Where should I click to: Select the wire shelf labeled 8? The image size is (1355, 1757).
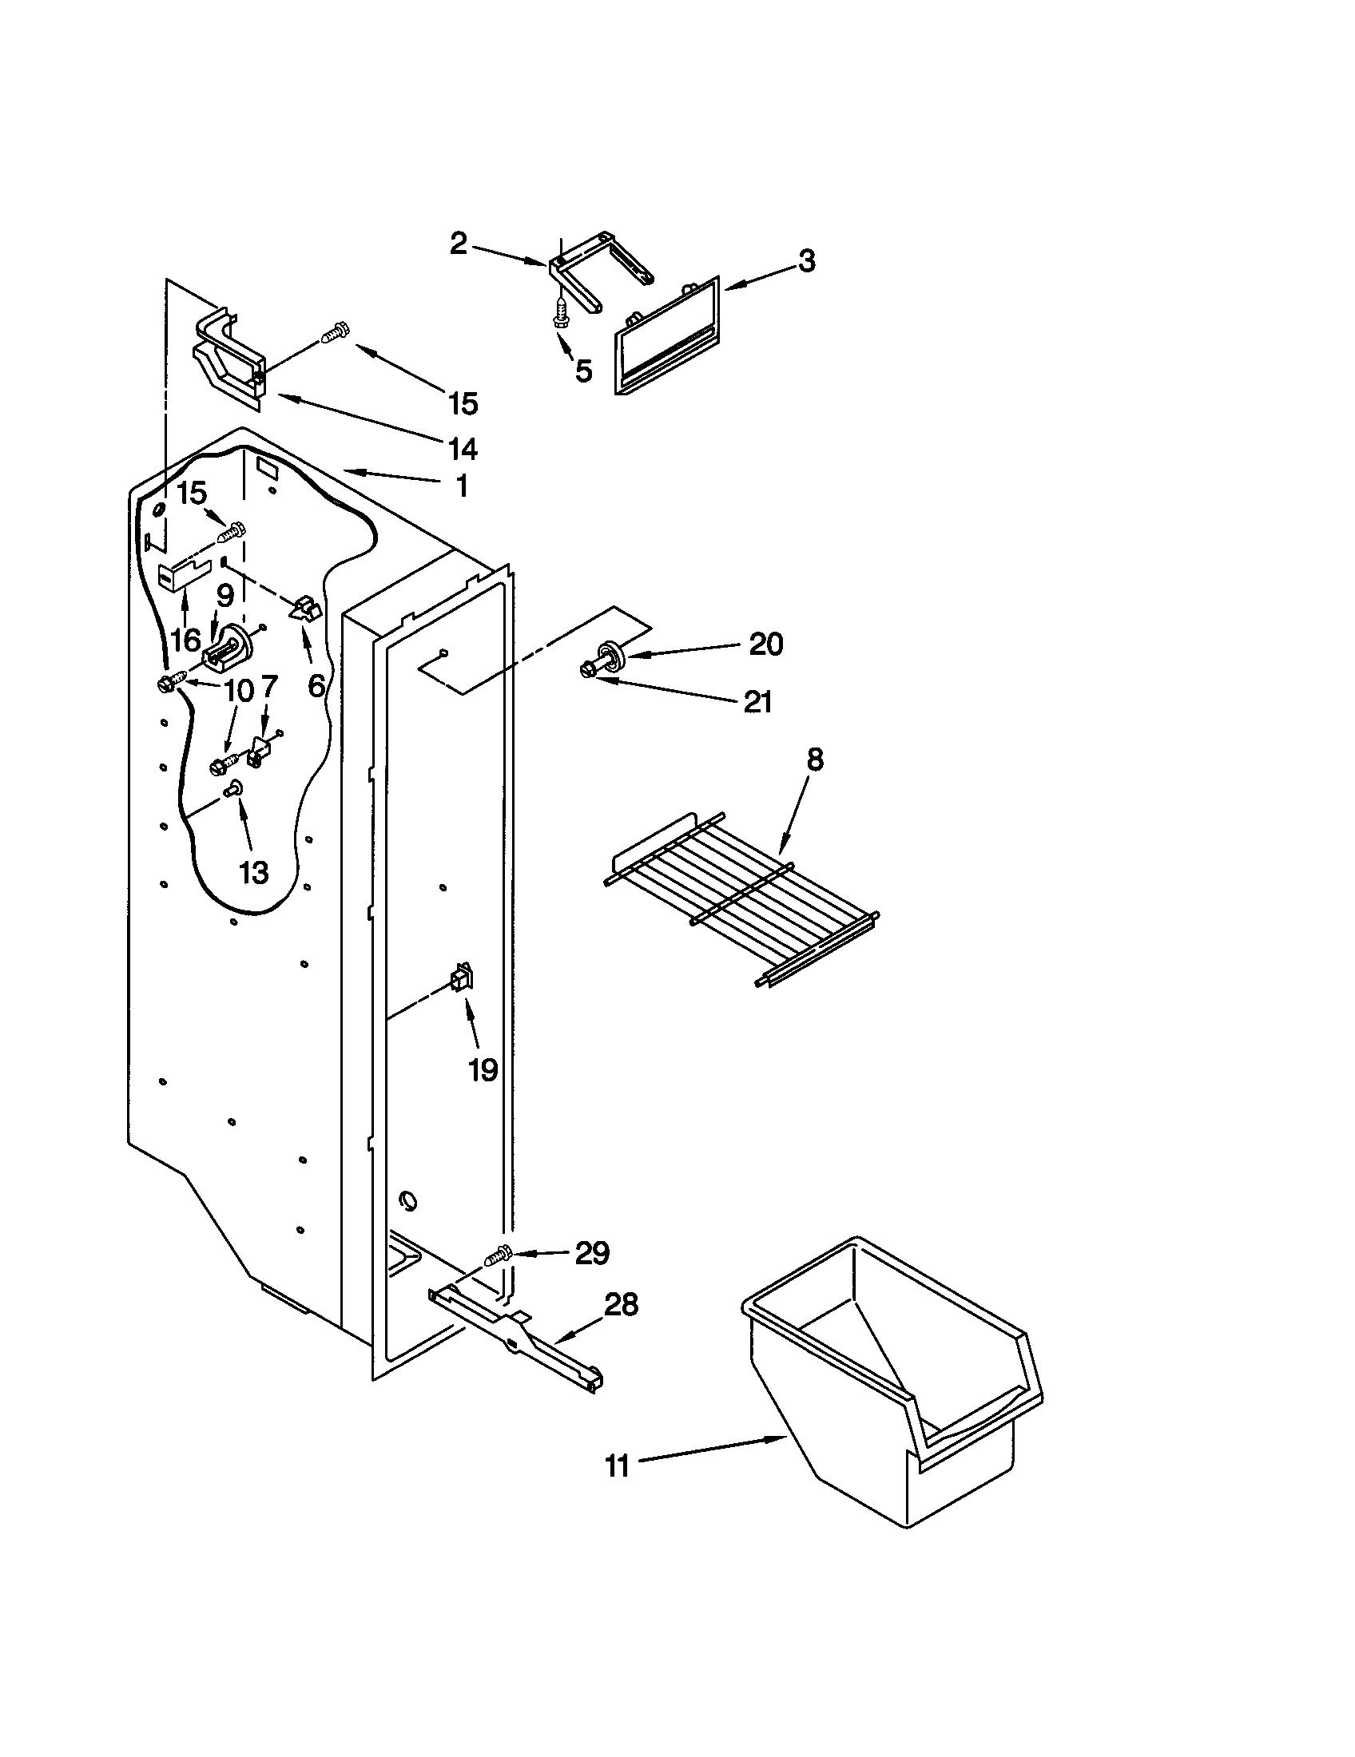click(x=741, y=893)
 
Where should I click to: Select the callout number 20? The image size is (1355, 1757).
click(x=765, y=644)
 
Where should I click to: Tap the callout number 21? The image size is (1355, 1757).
click(x=757, y=701)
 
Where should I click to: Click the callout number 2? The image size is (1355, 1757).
click(x=458, y=244)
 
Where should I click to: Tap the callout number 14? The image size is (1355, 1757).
click(x=463, y=448)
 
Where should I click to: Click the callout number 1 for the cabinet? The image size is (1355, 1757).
click(x=462, y=485)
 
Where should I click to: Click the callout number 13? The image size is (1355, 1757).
click(x=253, y=872)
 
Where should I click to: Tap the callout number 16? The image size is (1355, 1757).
click(x=185, y=641)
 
